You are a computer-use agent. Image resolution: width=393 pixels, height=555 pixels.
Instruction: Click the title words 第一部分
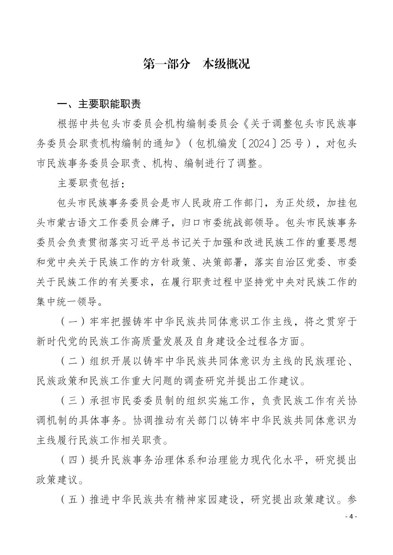[166, 64]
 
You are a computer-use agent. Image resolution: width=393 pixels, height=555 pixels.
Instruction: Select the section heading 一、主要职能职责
[99, 104]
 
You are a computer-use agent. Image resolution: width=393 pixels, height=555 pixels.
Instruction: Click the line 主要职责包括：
[91, 183]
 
